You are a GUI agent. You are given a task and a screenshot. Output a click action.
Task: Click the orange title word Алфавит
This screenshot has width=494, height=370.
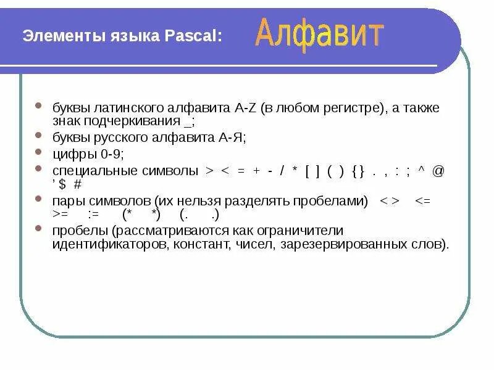click(x=319, y=33)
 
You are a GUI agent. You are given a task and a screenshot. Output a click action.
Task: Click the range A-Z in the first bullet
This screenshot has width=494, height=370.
click(x=245, y=109)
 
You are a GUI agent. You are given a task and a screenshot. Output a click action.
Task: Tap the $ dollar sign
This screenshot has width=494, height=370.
click(x=62, y=184)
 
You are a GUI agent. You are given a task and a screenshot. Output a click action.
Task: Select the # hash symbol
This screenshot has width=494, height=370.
click(x=77, y=184)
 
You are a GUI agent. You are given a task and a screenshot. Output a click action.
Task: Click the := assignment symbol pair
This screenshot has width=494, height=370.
click(x=94, y=215)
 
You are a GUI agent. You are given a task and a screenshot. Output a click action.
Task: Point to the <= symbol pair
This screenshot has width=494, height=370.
click(x=423, y=201)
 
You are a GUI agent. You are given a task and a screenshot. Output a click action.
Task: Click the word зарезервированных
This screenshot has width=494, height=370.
click(x=348, y=244)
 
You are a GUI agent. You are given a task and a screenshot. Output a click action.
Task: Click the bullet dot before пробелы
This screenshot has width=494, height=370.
click(x=40, y=229)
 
